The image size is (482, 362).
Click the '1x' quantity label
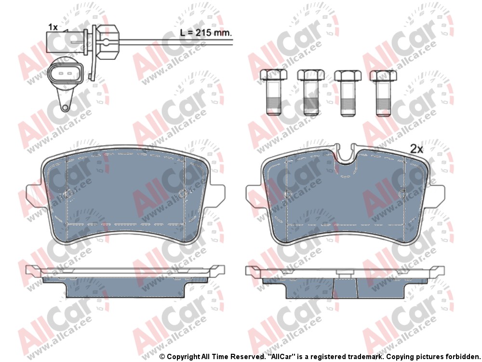[53, 27]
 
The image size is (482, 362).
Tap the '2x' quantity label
[417, 149]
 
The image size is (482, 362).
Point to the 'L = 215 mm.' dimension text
[205, 32]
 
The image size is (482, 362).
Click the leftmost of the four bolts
[274, 92]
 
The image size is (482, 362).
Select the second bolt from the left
[310, 92]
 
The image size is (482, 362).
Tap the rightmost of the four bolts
[383, 93]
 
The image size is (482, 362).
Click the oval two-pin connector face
[66, 74]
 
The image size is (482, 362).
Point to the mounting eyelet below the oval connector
[65, 108]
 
